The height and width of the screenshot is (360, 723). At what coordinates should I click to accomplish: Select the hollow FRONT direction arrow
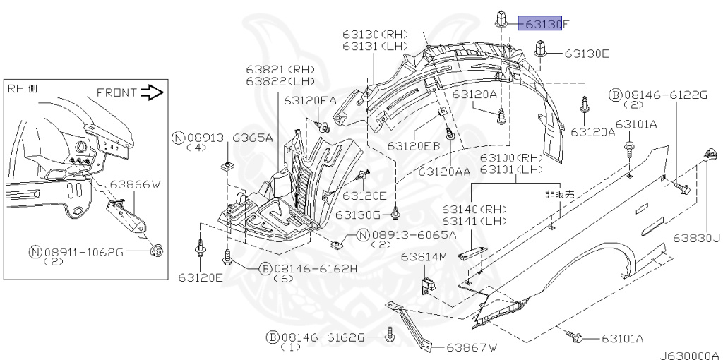pos(152,92)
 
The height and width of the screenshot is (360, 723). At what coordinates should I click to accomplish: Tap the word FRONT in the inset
pos(116,92)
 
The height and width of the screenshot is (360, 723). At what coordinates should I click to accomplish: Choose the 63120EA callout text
pos(310,101)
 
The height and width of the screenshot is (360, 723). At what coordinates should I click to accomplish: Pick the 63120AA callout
pos(444,172)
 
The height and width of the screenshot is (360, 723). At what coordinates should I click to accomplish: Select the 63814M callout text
pos(424,256)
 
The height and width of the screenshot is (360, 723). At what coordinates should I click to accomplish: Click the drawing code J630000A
pos(690,355)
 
